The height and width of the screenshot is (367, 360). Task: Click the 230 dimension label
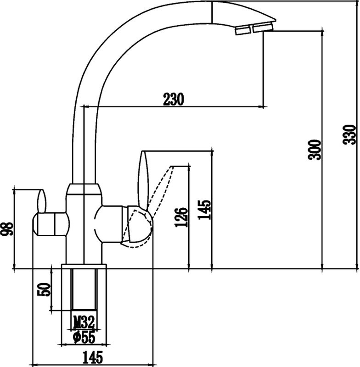(174, 99)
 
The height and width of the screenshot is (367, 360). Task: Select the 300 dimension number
(315, 150)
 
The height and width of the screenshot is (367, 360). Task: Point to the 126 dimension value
(181, 217)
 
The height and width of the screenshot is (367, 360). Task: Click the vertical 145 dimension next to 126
(204, 210)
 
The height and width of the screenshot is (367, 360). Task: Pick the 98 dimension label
(6, 228)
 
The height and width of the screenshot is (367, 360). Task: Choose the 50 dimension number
(44, 289)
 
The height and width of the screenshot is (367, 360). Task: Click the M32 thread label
(84, 323)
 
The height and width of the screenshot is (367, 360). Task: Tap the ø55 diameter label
(84, 337)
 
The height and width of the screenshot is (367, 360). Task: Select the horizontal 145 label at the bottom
(93, 357)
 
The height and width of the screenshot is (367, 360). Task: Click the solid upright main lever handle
(143, 179)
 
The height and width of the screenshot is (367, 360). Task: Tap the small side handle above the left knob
(42, 200)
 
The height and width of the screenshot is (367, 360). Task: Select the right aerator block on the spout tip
(263, 27)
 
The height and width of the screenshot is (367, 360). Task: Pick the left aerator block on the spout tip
(243, 30)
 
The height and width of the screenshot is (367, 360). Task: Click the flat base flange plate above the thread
(84, 267)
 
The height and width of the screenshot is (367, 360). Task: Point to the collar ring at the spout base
(84, 189)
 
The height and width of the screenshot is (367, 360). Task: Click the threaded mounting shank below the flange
(84, 290)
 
